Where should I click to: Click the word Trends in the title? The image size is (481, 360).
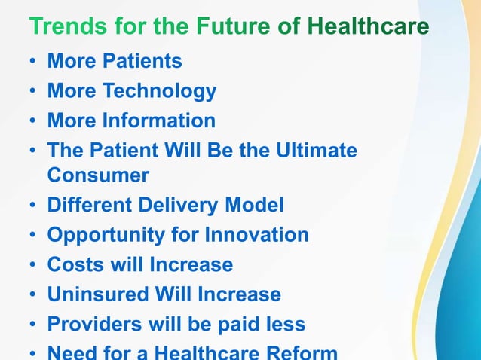click(65, 28)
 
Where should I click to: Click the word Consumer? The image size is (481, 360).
click(98, 175)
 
